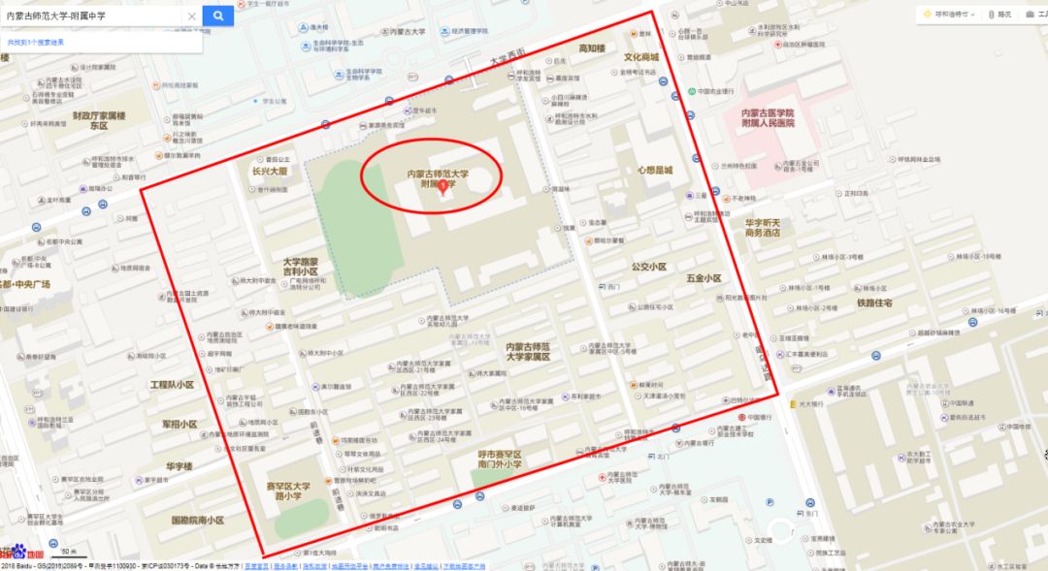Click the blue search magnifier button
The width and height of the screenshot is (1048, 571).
(217, 16)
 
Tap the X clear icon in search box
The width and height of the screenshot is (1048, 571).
(191, 16)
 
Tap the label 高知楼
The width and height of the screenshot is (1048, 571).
(591, 48)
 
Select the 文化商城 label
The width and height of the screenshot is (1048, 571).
(640, 57)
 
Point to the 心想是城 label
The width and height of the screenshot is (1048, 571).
(654, 170)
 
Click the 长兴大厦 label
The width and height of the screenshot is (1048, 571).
(271, 171)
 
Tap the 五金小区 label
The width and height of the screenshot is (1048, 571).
(704, 279)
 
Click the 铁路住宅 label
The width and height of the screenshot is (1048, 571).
(874, 302)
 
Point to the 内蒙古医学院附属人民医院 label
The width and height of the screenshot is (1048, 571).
(768, 118)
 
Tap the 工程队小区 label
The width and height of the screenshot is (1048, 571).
(172, 385)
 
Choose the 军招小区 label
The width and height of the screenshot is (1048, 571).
(180, 425)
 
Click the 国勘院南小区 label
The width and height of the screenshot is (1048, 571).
(197, 521)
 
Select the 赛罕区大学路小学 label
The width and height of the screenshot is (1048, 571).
(288, 492)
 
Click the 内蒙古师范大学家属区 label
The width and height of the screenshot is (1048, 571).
(528, 351)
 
